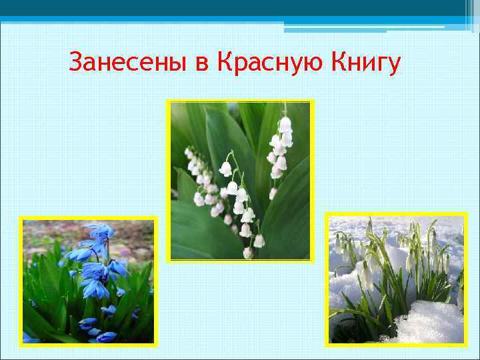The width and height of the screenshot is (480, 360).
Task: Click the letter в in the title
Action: point(201,65)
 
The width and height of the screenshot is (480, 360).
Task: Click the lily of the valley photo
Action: point(240,180)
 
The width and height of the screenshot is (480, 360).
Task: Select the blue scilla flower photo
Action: point(88,281)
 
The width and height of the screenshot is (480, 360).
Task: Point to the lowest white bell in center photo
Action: point(248,253)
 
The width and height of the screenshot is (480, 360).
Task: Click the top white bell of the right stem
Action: point(285,124)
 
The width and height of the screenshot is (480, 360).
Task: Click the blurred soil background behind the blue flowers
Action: point(133,240)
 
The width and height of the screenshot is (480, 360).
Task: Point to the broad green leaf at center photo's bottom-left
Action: point(193,227)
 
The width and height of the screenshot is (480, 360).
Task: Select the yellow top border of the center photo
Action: point(240,101)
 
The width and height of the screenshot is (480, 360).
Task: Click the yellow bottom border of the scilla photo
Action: point(88,345)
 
